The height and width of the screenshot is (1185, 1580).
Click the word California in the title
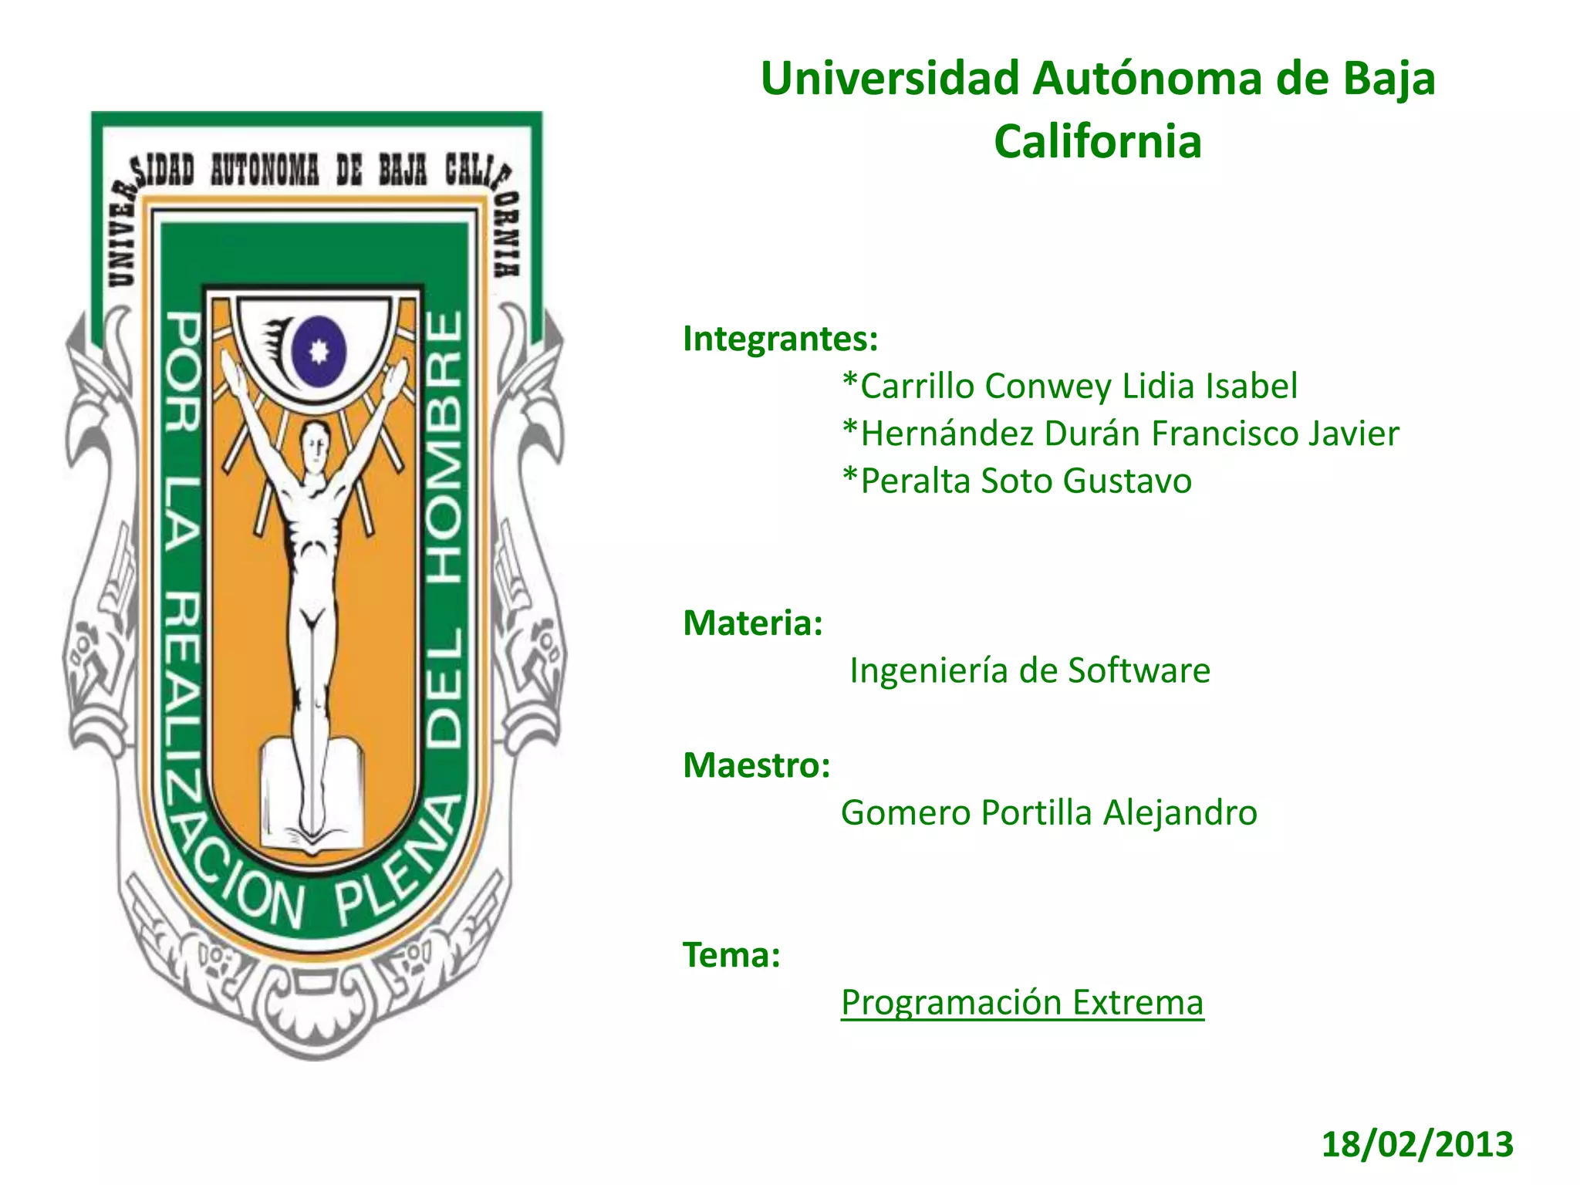[1097, 142]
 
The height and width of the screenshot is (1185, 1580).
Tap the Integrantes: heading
[780, 339]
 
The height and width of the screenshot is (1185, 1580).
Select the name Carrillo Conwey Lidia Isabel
[1069, 387]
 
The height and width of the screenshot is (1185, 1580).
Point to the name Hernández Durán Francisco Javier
[1120, 434]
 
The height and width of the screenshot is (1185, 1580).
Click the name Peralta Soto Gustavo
[1017, 481]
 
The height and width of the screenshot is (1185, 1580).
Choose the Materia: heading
[753, 623]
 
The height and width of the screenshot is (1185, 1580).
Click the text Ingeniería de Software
[1029, 670]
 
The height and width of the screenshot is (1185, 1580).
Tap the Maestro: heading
[756, 765]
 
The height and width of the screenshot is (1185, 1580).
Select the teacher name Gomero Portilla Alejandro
[1048, 813]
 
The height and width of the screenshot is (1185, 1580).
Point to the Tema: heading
[731, 955]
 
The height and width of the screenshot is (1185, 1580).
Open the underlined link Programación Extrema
[1022, 1003]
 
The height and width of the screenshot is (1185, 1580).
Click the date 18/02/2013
[1417, 1144]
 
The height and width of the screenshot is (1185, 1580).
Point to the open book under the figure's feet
[312, 795]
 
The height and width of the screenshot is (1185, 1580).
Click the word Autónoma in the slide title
[1146, 79]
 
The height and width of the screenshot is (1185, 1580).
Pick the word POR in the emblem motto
[184, 370]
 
